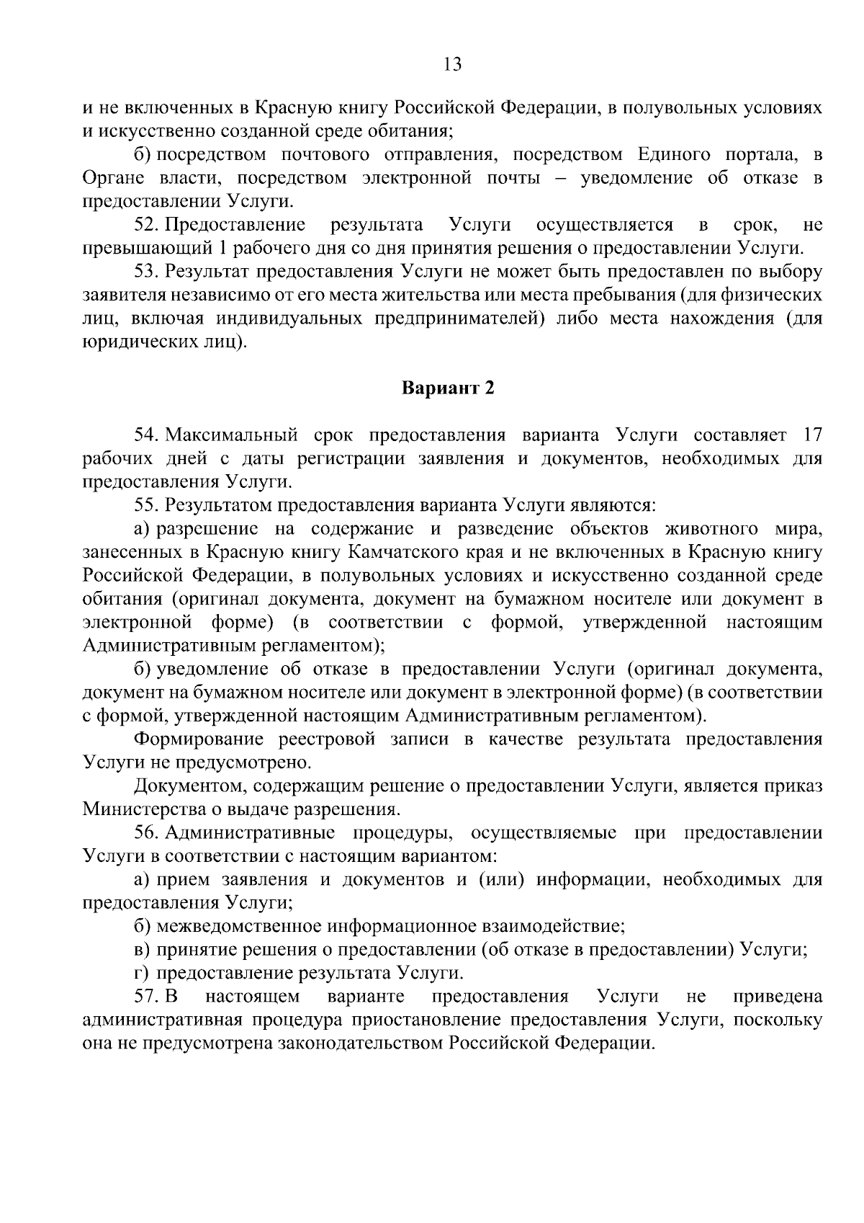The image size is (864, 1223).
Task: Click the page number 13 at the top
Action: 452,64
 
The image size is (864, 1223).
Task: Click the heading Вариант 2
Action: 448,388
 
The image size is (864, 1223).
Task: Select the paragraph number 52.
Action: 147,225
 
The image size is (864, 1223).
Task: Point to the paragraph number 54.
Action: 147,435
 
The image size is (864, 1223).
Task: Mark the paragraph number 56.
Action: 147,832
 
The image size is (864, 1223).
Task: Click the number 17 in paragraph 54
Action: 811,435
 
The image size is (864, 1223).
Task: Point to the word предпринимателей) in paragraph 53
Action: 458,318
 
